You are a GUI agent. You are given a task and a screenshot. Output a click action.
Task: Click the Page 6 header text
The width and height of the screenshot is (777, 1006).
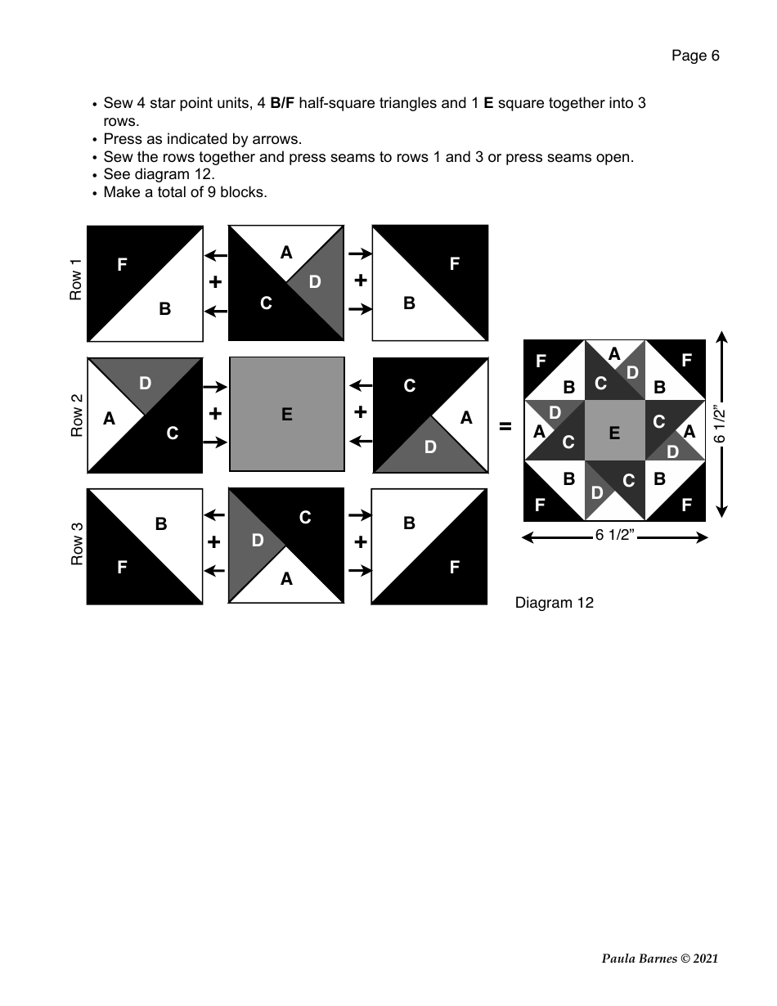tap(695, 56)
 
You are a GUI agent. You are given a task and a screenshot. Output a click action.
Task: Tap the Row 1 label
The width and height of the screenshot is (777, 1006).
tap(76, 280)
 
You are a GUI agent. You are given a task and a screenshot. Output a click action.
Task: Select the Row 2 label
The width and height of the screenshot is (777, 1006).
tap(76, 415)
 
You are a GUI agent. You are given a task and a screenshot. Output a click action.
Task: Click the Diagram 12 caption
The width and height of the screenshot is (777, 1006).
tap(554, 603)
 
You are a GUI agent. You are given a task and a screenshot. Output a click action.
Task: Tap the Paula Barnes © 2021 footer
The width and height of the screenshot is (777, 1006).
tap(659, 959)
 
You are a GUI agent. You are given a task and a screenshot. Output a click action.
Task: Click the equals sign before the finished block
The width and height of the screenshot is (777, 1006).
tap(505, 426)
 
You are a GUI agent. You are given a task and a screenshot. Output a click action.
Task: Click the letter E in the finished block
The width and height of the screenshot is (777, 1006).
tap(613, 433)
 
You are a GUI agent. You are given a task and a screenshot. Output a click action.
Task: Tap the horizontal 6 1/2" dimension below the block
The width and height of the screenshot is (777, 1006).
tap(614, 537)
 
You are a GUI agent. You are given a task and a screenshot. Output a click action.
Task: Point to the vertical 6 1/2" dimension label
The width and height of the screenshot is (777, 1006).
tap(721, 425)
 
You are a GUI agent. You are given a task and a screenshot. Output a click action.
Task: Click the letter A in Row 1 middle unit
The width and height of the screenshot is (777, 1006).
tap(285, 253)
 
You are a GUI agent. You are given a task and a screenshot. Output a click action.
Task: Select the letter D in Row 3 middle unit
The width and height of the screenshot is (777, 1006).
tap(257, 541)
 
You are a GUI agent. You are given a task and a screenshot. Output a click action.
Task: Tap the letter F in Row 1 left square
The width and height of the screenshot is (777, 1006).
tap(122, 264)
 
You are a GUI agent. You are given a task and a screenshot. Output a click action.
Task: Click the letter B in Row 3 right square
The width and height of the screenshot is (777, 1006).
tap(409, 523)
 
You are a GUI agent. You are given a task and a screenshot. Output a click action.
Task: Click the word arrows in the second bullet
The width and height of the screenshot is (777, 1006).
tap(278, 139)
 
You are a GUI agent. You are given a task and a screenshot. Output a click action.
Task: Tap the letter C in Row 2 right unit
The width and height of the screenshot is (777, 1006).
tap(409, 386)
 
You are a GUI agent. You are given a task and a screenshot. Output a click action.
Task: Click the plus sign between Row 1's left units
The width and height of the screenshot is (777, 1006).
tap(215, 281)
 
